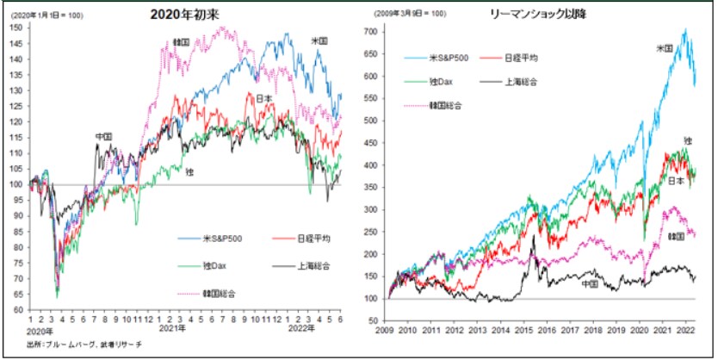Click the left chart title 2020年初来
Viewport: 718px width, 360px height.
coord(184,14)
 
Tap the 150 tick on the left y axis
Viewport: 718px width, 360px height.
coord(17,28)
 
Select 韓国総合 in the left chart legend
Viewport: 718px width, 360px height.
coord(217,294)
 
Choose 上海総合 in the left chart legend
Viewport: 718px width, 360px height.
coord(294,266)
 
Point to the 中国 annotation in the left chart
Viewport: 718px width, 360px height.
coord(104,137)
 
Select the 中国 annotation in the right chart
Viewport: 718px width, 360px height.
coord(590,282)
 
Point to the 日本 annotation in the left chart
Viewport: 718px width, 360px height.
coord(264,98)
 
